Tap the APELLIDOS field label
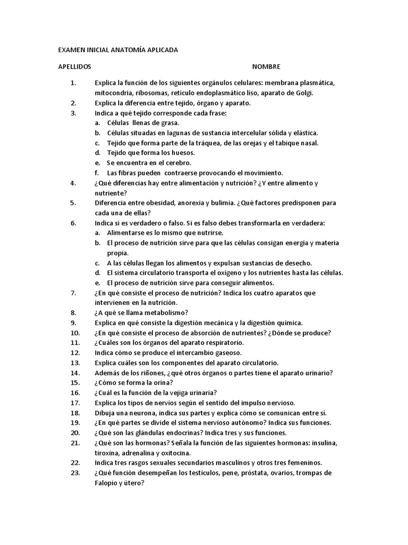[74, 67]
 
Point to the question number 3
[73, 113]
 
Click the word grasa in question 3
[169, 123]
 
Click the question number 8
[73, 312]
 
